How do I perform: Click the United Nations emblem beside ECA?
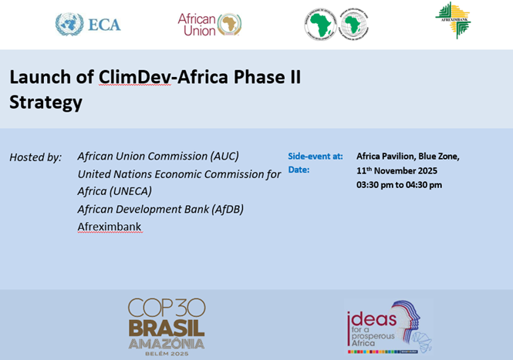click(69, 24)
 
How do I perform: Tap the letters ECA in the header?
click(104, 25)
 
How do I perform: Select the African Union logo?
click(209, 24)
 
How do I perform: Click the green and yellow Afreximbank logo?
click(453, 20)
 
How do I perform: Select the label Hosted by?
click(35, 157)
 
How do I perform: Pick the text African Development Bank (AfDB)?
click(160, 209)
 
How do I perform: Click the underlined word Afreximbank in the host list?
click(110, 227)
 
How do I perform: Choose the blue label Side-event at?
click(316, 156)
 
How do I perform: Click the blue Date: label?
click(299, 170)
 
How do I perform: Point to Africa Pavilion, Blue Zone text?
click(408, 156)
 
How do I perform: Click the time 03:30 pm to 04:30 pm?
click(399, 185)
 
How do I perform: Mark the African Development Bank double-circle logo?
click(336, 25)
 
